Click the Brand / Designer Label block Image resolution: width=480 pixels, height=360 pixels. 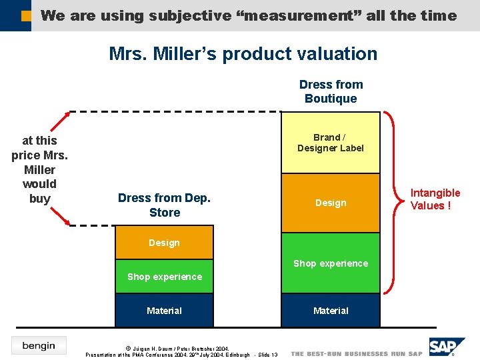pos(330,143)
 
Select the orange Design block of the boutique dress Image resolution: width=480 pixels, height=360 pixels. pos(330,203)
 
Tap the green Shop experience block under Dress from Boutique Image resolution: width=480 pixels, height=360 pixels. pos(330,263)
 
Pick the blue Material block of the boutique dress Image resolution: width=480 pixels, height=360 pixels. pos(330,311)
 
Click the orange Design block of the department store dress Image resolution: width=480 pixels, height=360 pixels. pos(164,243)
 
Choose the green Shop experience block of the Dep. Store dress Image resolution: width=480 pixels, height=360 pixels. pos(164,277)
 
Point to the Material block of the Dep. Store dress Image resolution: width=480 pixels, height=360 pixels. pos(164,311)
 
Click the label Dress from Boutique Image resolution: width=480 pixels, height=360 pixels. pos(331,91)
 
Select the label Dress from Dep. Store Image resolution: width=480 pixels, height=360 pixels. pos(164,205)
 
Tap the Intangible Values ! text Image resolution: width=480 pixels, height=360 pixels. pos(435,199)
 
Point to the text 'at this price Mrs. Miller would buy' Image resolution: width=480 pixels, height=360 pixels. pos(39,169)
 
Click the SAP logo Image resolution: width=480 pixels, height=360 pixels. pos(447,347)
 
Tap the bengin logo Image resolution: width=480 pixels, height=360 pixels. pos(39,345)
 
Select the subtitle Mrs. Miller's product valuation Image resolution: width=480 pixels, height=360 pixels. pos(243,54)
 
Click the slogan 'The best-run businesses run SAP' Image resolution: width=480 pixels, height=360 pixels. pos(357,353)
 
